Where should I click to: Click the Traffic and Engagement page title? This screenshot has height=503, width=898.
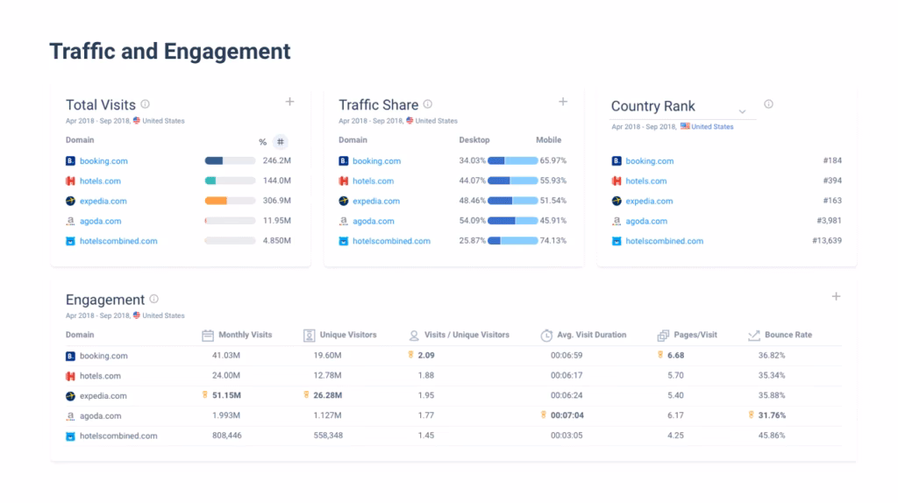tap(169, 52)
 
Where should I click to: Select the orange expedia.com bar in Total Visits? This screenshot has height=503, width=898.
tap(217, 201)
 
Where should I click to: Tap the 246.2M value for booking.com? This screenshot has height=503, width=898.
tap(276, 161)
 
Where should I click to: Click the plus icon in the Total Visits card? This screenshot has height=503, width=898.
tap(290, 102)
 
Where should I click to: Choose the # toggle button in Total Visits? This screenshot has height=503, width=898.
tap(280, 142)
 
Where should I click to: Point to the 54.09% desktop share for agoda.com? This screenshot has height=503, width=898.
tap(472, 221)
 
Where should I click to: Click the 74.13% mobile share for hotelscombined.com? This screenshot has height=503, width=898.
tap(552, 241)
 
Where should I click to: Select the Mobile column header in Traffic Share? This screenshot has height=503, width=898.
tap(548, 140)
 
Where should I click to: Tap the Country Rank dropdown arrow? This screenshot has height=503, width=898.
tap(742, 111)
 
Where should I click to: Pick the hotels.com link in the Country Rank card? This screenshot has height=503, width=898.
tap(645, 181)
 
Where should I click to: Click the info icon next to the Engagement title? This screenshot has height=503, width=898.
tap(154, 299)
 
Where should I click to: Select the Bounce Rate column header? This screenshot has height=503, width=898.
tap(788, 335)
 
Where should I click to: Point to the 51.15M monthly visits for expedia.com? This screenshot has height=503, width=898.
tap(227, 395)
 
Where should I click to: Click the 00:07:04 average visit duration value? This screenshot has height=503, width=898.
tap(567, 415)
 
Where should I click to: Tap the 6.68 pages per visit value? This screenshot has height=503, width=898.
tap(675, 356)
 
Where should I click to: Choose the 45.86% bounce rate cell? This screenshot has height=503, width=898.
tap(772, 436)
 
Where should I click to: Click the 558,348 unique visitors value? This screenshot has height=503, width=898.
tap(328, 436)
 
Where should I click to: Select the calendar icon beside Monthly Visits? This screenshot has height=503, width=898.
tap(208, 335)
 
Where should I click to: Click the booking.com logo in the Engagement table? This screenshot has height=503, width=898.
tap(71, 356)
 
